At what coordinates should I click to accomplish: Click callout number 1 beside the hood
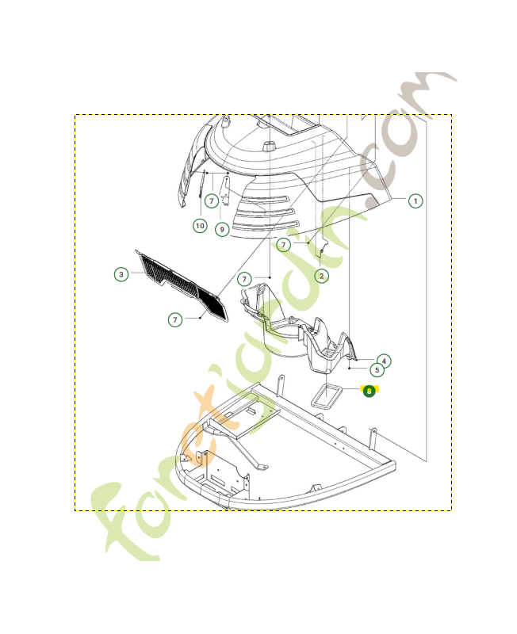coord(416,201)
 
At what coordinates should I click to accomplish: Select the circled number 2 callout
coord(321,276)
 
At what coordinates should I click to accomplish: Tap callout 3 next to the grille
coord(121,274)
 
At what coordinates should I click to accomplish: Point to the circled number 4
coord(384,360)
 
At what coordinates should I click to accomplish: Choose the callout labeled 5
coord(377,369)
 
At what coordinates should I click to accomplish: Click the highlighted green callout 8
coord(369,391)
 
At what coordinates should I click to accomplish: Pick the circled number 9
coord(221,230)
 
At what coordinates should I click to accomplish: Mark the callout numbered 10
coord(200,226)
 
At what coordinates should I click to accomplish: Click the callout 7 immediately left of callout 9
coord(212,201)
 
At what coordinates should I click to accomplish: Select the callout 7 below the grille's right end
coord(175,319)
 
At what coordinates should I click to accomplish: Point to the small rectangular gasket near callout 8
coord(326,395)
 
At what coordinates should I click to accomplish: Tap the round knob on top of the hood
coord(269,147)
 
